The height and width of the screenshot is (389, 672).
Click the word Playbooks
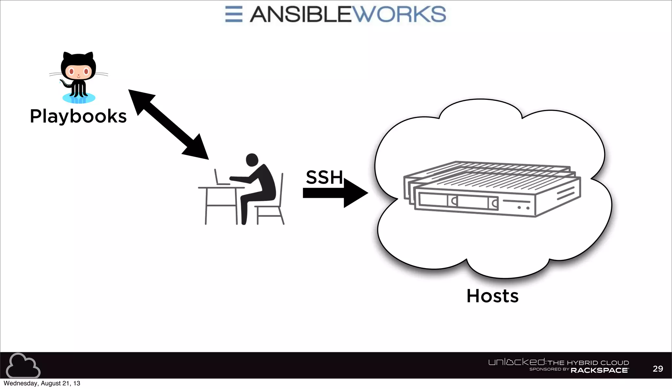tap(78, 116)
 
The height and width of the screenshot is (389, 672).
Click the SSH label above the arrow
tap(324, 177)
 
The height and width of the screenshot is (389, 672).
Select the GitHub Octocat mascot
tap(79, 78)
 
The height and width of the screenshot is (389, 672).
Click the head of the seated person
tap(252, 160)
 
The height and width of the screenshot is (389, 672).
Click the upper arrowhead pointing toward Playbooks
tap(140, 99)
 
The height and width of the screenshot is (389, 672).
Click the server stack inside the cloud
tap(492, 189)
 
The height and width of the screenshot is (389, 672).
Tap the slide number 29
tap(658, 369)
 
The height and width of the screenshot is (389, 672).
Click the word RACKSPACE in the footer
tap(599, 370)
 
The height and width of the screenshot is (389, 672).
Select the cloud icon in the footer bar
tap(23, 366)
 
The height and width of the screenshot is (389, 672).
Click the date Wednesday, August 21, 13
tap(42, 383)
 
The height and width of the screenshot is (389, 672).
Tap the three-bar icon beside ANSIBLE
tap(234, 14)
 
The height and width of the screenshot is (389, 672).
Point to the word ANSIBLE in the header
tap(300, 14)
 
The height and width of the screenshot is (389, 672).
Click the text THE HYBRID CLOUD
tap(588, 363)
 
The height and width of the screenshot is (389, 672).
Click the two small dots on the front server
tap(523, 208)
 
